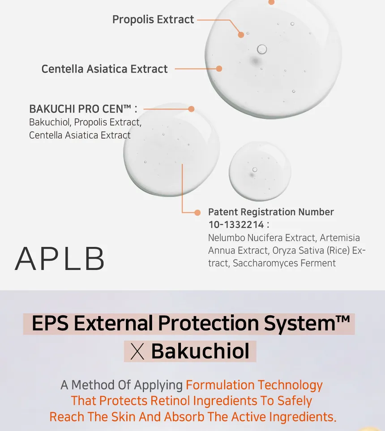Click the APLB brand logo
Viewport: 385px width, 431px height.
[x=60, y=259]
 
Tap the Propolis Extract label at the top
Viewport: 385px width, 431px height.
[x=153, y=20]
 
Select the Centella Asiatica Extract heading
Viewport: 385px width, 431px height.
[x=104, y=69]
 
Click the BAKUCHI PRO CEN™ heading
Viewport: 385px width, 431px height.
[x=83, y=109]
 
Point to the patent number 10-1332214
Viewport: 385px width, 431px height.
[x=236, y=225]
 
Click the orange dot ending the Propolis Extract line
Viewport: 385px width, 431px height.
[x=241, y=35]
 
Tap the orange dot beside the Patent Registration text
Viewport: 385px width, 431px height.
[x=197, y=213]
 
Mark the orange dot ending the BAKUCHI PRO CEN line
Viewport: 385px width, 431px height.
[x=191, y=109]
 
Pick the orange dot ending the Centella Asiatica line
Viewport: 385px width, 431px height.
[x=219, y=68]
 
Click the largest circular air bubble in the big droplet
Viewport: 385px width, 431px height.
[x=262, y=49]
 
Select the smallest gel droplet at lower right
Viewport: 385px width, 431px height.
[x=260, y=171]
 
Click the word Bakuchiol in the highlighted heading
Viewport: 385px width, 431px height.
[x=201, y=351]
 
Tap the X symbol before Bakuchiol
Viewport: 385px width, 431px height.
[x=137, y=352]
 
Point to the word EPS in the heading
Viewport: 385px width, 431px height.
[x=50, y=323]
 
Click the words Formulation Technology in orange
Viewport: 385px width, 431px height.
[x=254, y=385]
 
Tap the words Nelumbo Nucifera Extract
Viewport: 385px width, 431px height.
[x=262, y=238]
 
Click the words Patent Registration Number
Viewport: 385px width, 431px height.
[x=271, y=212]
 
